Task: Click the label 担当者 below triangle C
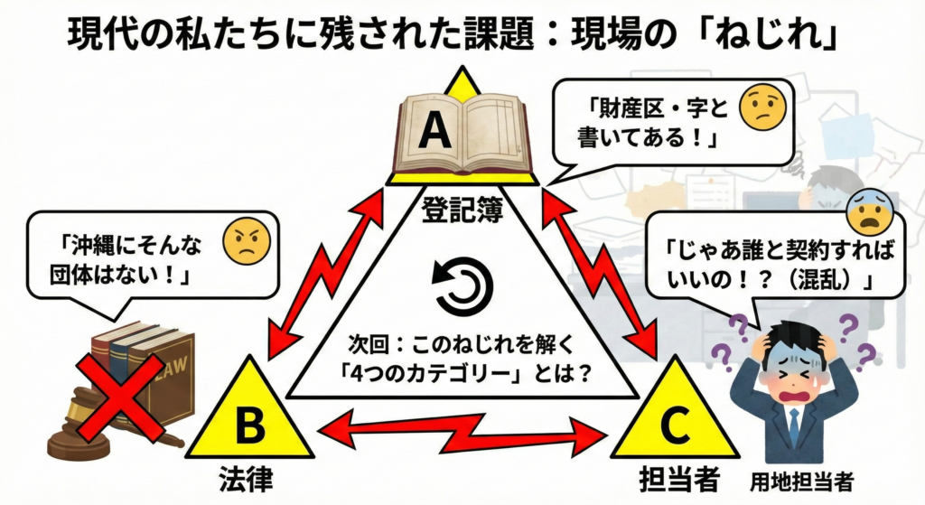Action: [x=672, y=479]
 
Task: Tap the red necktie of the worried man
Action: [x=792, y=425]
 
